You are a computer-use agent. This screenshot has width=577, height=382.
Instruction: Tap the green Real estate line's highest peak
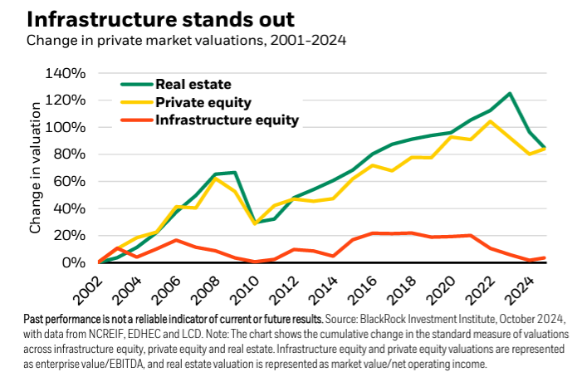[509, 94]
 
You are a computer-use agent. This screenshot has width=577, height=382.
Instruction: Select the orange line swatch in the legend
[134, 120]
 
